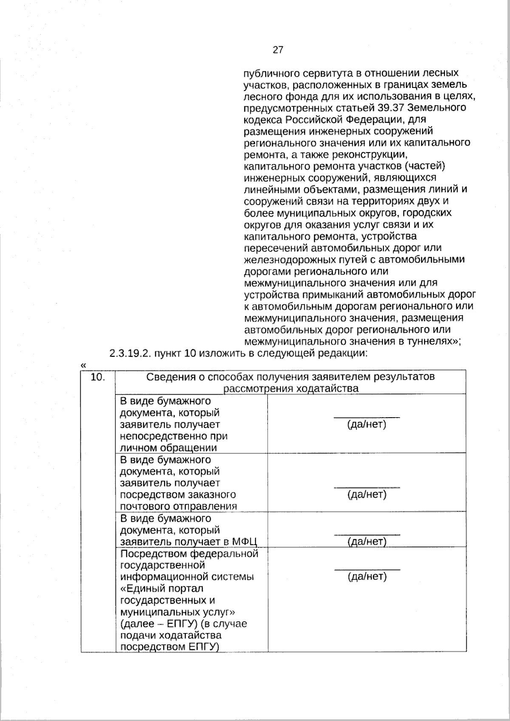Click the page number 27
[x=278, y=50]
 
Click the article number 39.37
[x=390, y=107]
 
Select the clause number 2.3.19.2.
[x=130, y=353]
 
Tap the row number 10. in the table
[x=98, y=377]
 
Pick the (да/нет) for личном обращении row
[x=367, y=424]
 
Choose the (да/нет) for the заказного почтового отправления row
[x=367, y=495]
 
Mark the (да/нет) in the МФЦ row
[x=367, y=541]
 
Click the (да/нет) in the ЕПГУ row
[x=367, y=577]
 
